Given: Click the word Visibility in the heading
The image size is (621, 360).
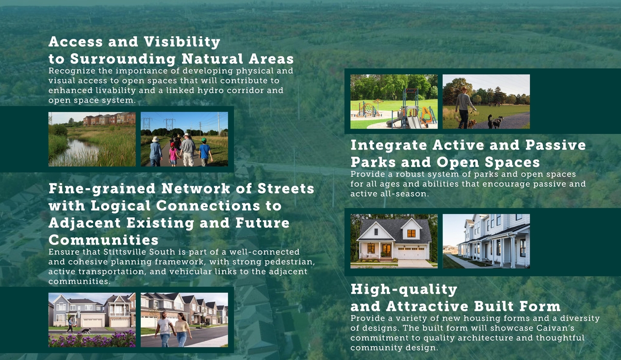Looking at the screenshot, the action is (x=182, y=42).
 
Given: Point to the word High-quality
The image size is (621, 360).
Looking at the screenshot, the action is (x=404, y=290).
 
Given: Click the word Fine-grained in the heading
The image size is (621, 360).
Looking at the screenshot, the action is (x=102, y=189).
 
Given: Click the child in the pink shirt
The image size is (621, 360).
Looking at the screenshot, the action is (x=173, y=154).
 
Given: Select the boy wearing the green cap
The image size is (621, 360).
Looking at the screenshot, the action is (x=205, y=152).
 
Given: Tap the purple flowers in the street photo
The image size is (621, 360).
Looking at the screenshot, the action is (x=92, y=340).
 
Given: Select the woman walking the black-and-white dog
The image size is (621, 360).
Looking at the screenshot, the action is (x=70, y=325).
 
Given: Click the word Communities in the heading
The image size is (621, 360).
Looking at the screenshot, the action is (x=103, y=240).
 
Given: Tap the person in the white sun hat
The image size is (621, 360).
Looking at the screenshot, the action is (x=156, y=151).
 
